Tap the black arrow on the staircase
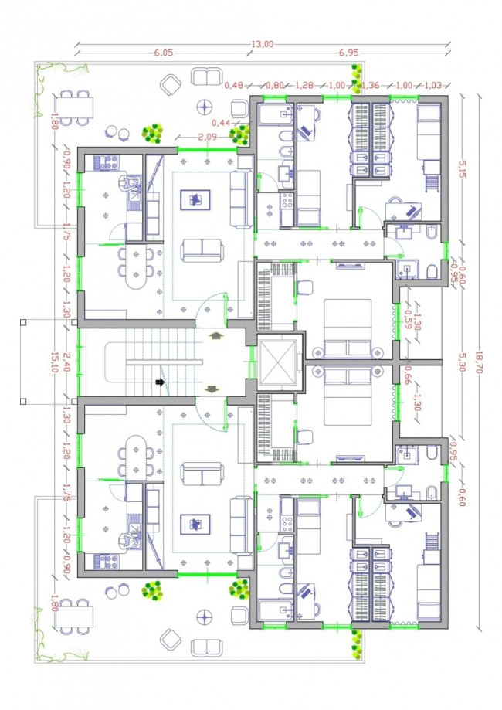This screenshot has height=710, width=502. [x=160, y=382]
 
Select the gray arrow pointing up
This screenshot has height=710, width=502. [x=216, y=335]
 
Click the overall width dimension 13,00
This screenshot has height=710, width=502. [x=263, y=44]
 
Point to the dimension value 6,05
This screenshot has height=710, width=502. [x=164, y=53]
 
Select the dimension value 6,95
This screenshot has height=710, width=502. [x=348, y=53]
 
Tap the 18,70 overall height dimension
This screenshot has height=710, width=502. [x=480, y=362]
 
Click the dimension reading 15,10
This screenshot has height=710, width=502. [x=55, y=362]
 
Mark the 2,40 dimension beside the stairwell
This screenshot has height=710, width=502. [x=66, y=362]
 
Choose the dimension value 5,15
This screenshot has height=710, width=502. [x=461, y=169]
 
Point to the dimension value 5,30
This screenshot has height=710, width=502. [x=461, y=362]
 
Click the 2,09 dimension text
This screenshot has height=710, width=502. [x=207, y=136]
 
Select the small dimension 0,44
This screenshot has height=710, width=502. [x=221, y=123]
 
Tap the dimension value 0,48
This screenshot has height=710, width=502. [x=233, y=85]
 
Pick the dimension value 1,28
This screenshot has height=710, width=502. [x=304, y=85]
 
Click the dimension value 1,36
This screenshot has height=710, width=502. [x=370, y=85]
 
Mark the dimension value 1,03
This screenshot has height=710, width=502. [x=433, y=85]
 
